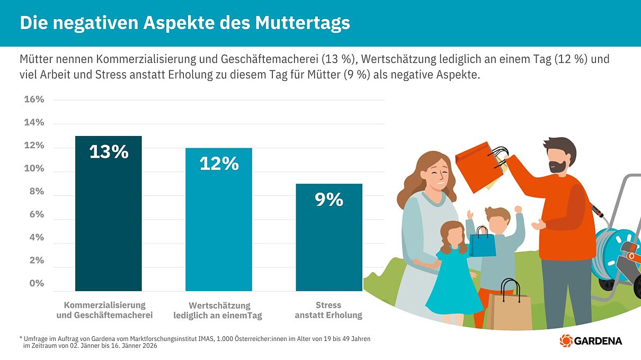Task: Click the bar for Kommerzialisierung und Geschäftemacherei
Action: pyautogui.click(x=108, y=222)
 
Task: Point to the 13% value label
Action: pyautogui.click(x=109, y=152)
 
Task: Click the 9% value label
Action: pyautogui.click(x=329, y=200)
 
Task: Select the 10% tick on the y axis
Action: pyautogui.click(x=34, y=169)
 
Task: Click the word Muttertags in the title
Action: pyautogui.click(x=302, y=23)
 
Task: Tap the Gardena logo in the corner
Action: pyautogui.click(x=591, y=341)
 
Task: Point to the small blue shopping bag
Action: pyautogui.click(x=482, y=244)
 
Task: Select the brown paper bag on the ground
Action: pyautogui.click(x=509, y=310)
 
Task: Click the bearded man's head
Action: pyautogui.click(x=558, y=155)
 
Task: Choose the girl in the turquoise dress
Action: pyautogui.click(x=453, y=275)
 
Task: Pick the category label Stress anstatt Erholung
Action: pyautogui.click(x=328, y=310)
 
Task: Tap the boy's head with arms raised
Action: pyautogui.click(x=496, y=220)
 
